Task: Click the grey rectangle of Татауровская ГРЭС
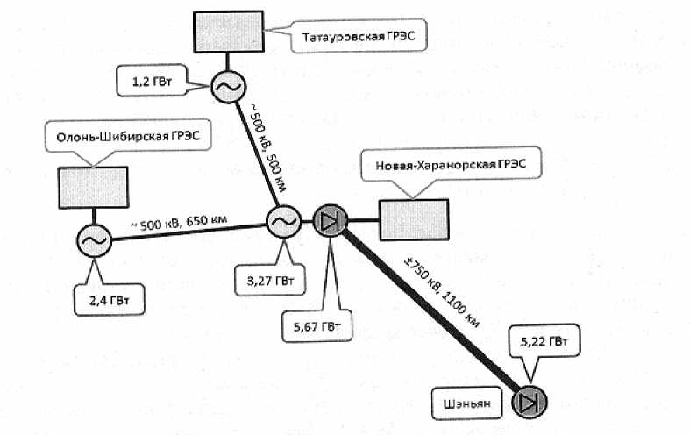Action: coord(228,32)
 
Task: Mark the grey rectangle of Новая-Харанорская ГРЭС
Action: coord(413,219)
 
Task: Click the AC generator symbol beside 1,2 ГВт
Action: coord(227,86)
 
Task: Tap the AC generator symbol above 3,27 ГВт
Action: coord(283,223)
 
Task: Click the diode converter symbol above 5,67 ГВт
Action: coord(329,222)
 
